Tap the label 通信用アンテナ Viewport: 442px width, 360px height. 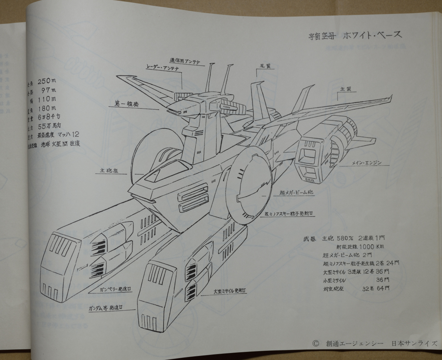pyautogui.click(x=185, y=61)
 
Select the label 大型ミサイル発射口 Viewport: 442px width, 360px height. pyautogui.click(x=231, y=291)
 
